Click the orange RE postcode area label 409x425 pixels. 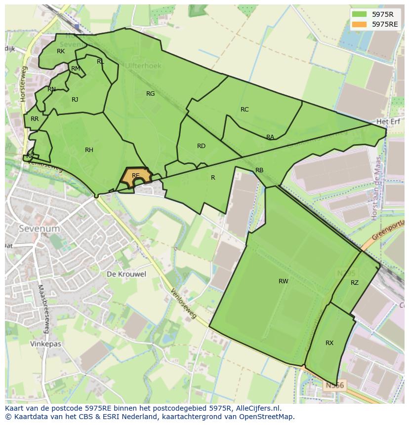tap(135, 176)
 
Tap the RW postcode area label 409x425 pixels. tap(283, 281)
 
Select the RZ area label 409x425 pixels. tap(355, 283)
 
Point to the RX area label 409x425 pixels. tap(329, 343)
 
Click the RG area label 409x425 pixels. tap(151, 94)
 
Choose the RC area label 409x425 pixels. tap(245, 110)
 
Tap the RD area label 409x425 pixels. tap(201, 146)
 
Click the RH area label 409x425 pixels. tap(89, 150)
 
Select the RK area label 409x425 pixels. tap(61, 51)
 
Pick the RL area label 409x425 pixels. tap(100, 62)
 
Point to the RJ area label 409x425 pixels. tap(75, 100)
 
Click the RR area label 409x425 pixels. tap(35, 119)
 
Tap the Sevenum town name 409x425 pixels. tap(39, 229)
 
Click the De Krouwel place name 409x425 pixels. tap(126, 274)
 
